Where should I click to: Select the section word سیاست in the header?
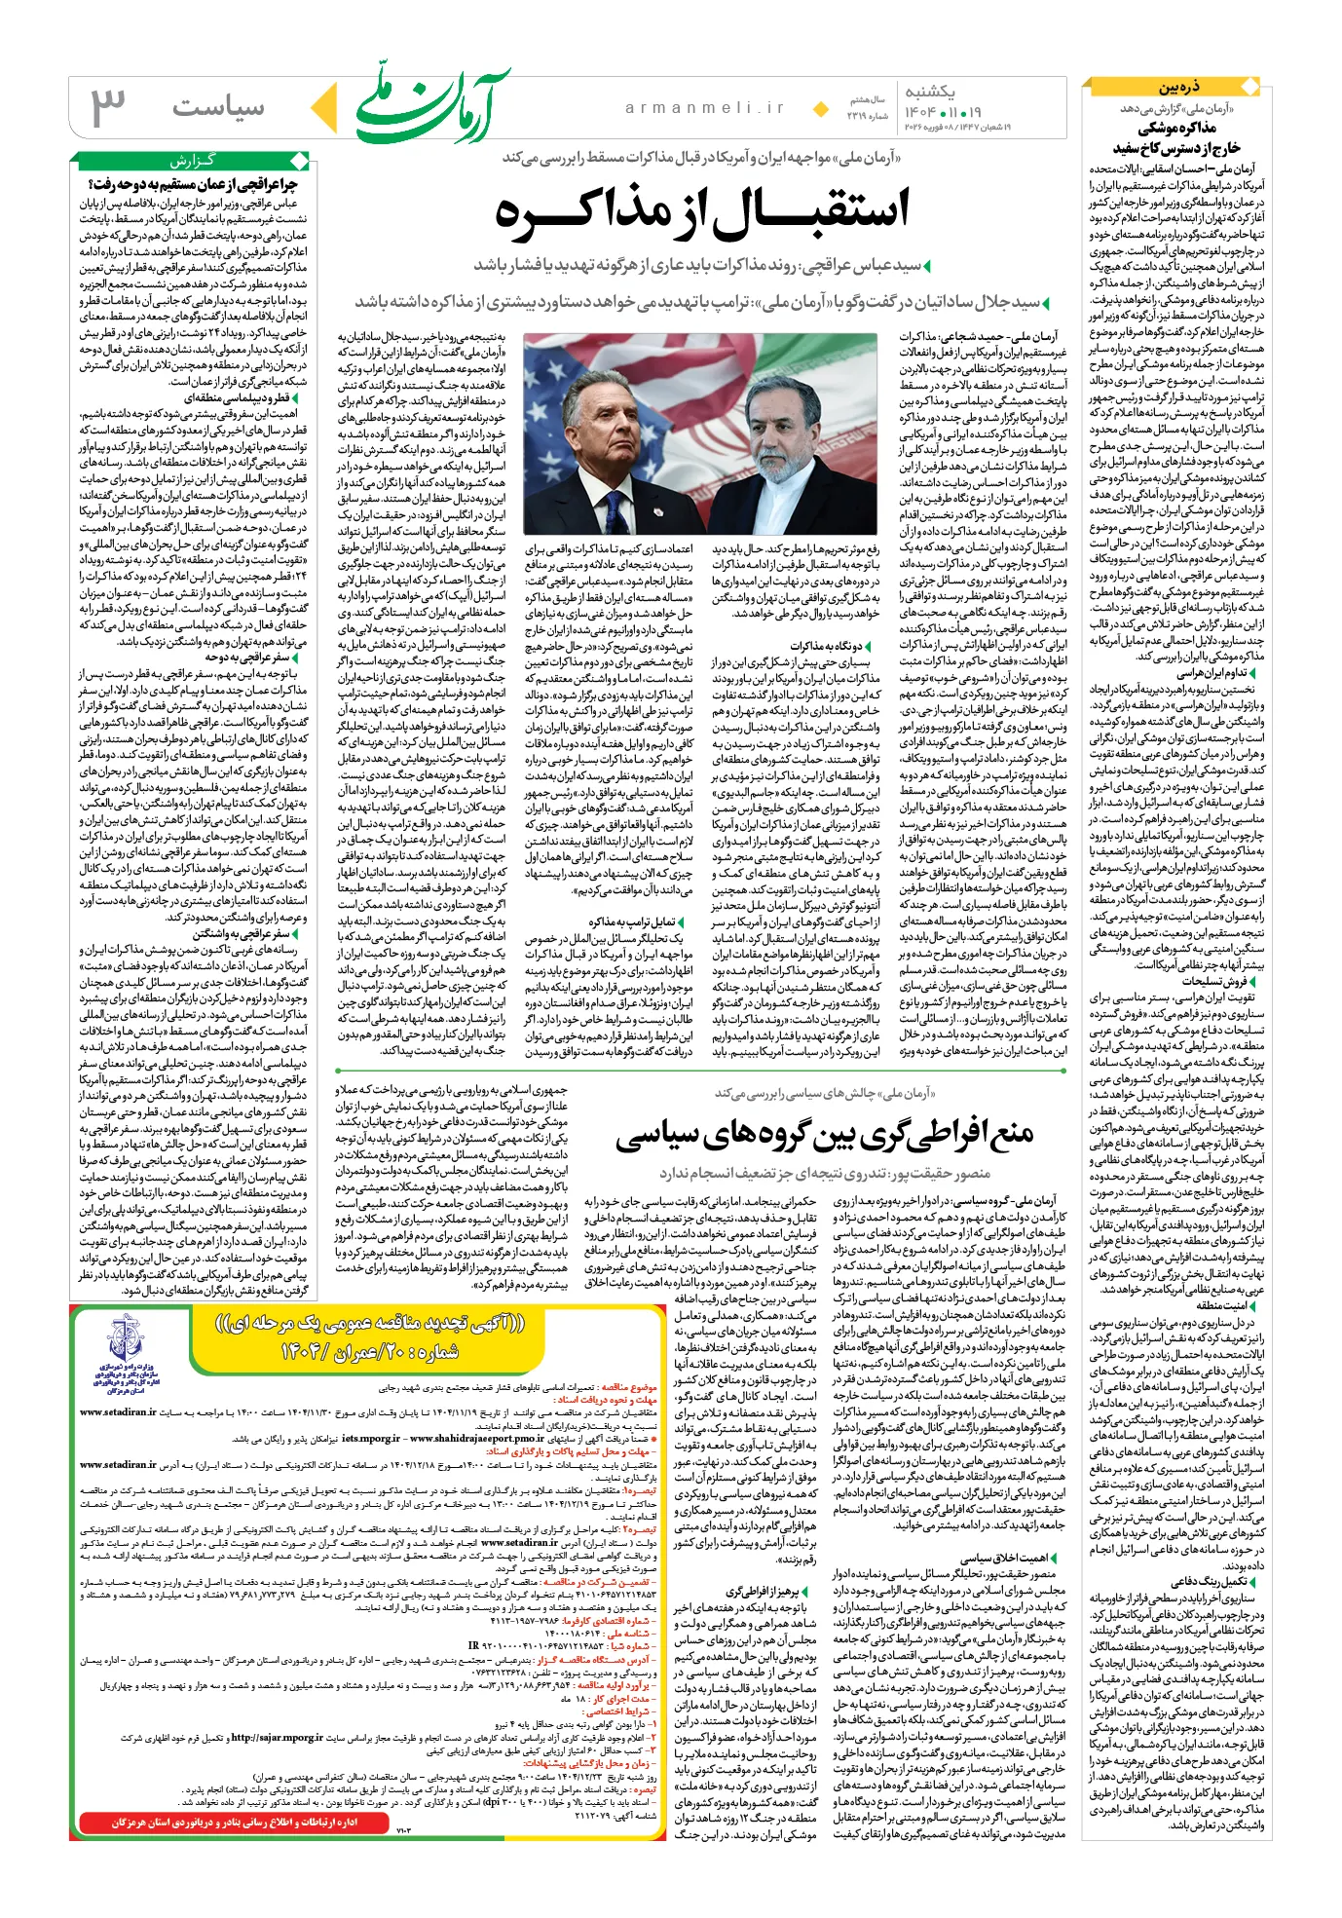pyautogui.click(x=218, y=107)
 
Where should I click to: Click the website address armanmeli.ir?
pyautogui.click(x=705, y=108)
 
